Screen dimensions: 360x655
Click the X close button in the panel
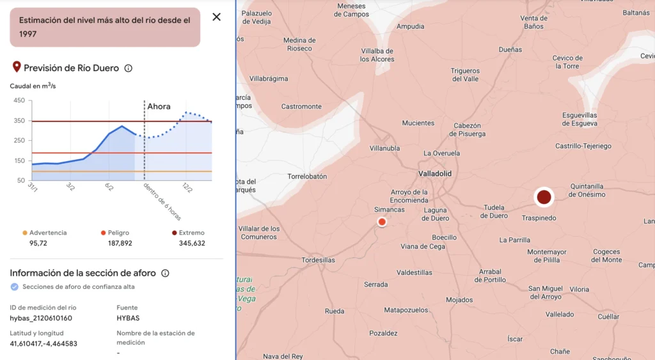(x=216, y=17)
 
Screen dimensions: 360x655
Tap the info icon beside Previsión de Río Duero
(x=128, y=68)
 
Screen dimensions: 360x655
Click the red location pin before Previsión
(x=17, y=67)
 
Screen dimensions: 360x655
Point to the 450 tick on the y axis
(x=19, y=100)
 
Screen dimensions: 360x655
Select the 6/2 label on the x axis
(x=109, y=187)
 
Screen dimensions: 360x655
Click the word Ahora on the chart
(x=159, y=106)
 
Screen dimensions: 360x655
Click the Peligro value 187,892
(x=120, y=243)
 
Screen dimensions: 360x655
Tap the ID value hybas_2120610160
(x=41, y=318)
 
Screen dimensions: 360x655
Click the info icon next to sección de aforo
(x=165, y=274)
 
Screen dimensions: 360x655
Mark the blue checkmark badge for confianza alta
(x=15, y=287)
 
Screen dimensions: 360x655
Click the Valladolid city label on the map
(x=435, y=174)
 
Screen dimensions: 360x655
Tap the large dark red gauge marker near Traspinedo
(x=544, y=197)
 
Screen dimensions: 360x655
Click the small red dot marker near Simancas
(x=382, y=222)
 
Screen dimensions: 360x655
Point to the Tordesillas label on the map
(x=318, y=260)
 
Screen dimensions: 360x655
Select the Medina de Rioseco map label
(x=299, y=44)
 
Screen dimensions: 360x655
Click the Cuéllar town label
(x=608, y=317)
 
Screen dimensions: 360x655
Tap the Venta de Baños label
(x=533, y=22)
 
